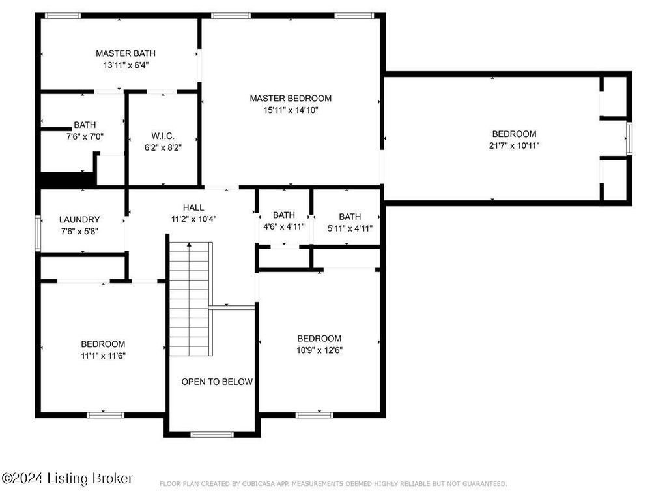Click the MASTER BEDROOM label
click(291, 99)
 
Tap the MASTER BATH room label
click(126, 53)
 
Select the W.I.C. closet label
click(163, 136)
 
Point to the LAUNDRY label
click(79, 219)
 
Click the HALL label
click(193, 207)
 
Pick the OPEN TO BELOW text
click(217, 382)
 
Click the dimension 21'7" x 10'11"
click(515, 145)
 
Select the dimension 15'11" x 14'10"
click(291, 110)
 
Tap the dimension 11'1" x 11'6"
click(103, 356)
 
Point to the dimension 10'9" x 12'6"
click(319, 350)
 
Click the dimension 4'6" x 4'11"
click(284, 226)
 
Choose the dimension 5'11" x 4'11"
click(350, 228)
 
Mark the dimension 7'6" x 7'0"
click(85, 137)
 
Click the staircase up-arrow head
click(189, 245)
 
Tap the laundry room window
click(38, 234)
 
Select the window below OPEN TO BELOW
click(212, 434)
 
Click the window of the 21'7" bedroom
click(629, 138)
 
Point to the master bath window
click(63, 16)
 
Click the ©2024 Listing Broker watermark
click(67, 478)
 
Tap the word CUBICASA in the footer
click(255, 484)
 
